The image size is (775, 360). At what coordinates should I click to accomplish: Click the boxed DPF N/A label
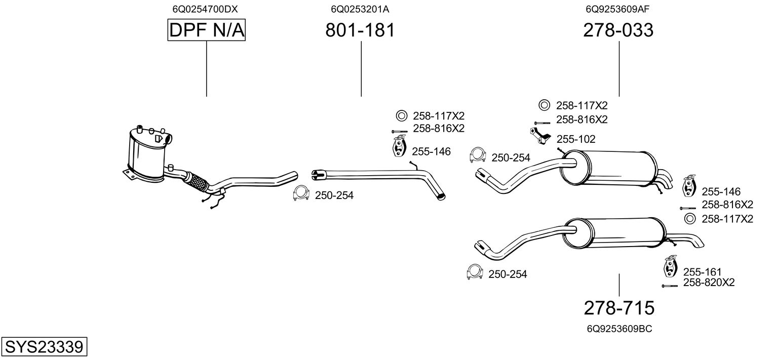[206, 31]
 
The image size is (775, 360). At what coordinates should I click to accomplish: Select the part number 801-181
[360, 30]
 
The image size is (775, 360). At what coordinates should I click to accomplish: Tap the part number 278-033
[618, 30]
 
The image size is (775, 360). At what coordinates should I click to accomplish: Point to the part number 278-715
[619, 307]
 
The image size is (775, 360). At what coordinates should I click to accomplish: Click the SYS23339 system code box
[44, 347]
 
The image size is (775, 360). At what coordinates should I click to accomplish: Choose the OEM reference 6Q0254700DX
[205, 9]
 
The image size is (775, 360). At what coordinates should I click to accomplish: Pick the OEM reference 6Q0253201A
[360, 9]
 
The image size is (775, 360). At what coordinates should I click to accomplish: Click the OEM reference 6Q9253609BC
[619, 329]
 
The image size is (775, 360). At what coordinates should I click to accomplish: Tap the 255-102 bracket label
[576, 139]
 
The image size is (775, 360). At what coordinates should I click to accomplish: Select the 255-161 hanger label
[702, 272]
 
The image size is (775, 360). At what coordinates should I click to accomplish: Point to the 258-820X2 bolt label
[709, 283]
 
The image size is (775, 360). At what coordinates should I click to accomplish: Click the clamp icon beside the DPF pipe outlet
[301, 194]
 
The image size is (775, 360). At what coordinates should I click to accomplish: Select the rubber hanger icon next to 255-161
[670, 267]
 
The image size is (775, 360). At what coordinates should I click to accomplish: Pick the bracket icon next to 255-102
[540, 136]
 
